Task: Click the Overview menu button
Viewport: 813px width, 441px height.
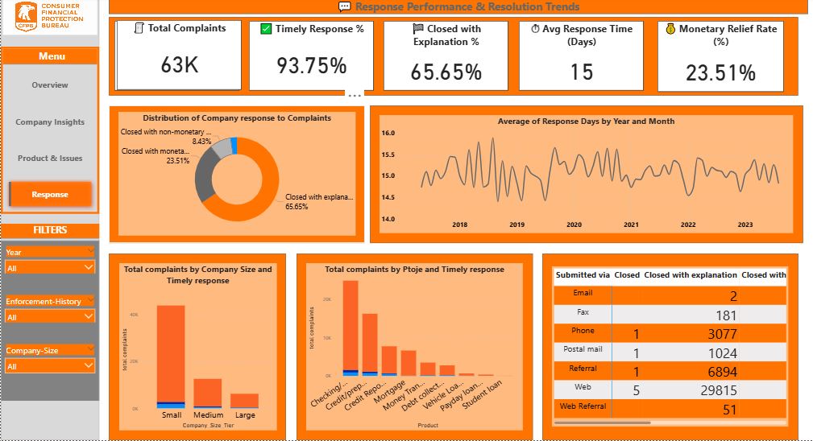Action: click(x=50, y=85)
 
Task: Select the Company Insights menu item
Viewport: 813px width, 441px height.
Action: click(x=50, y=122)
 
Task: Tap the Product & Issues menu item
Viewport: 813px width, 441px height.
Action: click(x=50, y=159)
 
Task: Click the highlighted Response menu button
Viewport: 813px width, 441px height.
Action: click(x=50, y=194)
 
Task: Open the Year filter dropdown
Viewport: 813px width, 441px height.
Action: click(x=50, y=268)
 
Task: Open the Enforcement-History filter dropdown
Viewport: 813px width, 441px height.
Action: click(x=50, y=317)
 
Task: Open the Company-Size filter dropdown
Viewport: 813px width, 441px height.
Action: click(x=50, y=366)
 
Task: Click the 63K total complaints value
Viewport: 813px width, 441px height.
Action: click(x=179, y=65)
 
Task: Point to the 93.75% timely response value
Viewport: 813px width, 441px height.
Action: click(x=311, y=66)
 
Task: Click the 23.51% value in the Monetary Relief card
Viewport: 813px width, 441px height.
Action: click(x=720, y=73)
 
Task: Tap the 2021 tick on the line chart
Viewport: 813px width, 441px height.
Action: click(x=631, y=225)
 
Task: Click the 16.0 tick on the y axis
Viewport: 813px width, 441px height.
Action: click(x=388, y=133)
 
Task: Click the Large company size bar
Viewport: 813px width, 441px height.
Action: click(x=244, y=401)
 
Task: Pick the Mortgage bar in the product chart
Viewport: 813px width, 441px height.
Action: click(x=409, y=363)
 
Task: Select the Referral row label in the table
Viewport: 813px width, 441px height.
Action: click(x=583, y=368)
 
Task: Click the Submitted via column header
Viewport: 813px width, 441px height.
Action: click(x=583, y=274)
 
